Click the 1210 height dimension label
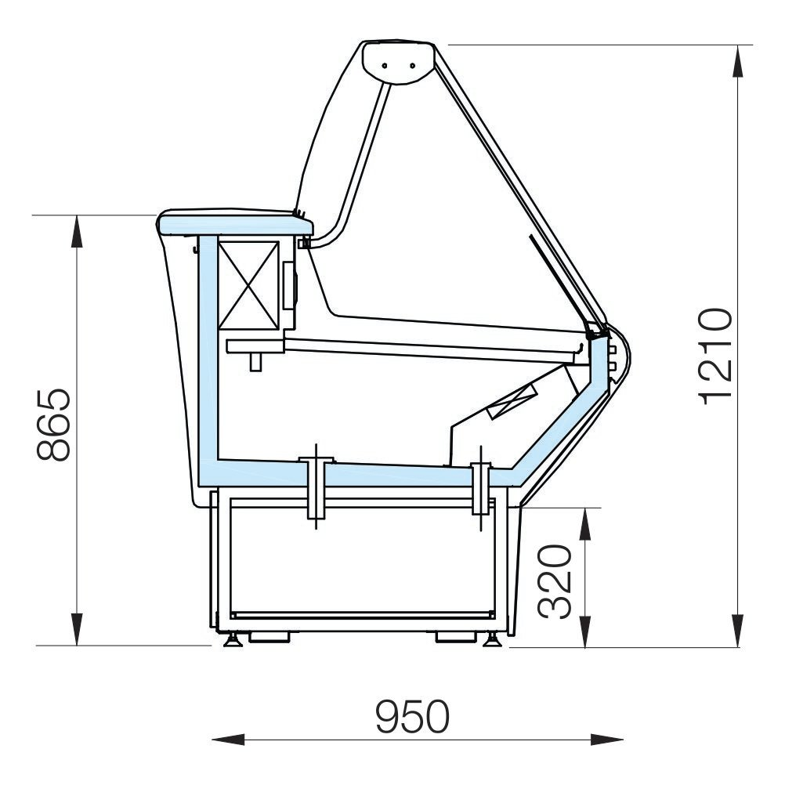click(x=716, y=356)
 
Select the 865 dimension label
click(x=53, y=425)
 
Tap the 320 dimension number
click(x=555, y=582)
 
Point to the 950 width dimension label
click(x=413, y=716)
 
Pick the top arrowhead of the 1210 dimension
click(x=737, y=62)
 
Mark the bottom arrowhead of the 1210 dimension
click(x=737, y=631)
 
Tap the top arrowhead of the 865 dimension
click(x=77, y=232)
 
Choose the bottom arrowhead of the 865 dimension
click(x=77, y=629)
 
